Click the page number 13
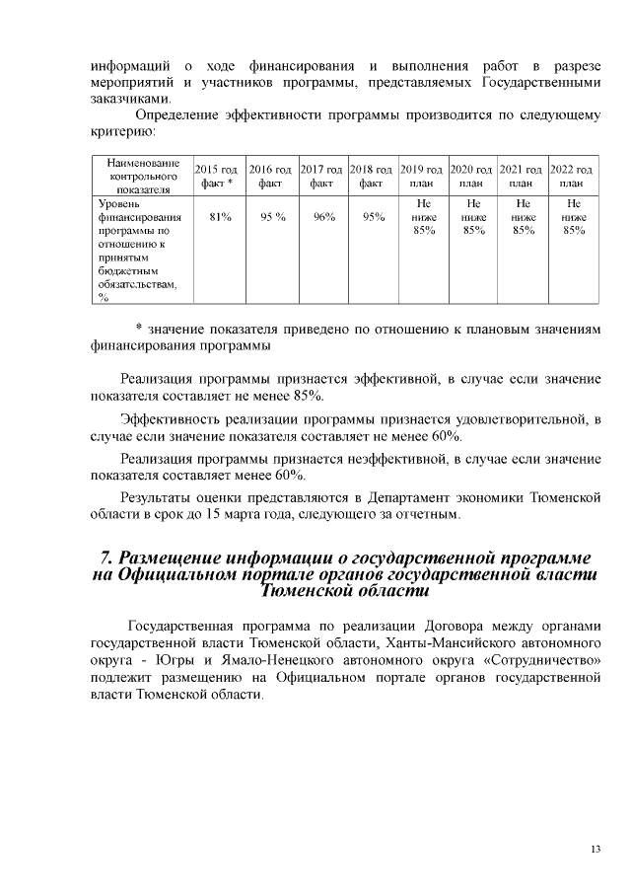click(596, 851)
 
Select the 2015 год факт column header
click(215, 176)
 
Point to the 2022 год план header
click(573, 176)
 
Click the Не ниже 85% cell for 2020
click(473, 217)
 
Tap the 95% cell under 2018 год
click(373, 217)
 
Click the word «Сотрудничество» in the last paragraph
click(533, 659)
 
